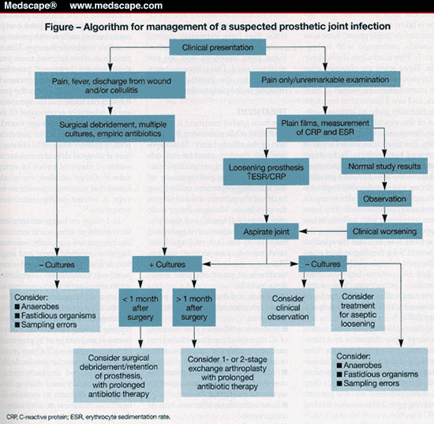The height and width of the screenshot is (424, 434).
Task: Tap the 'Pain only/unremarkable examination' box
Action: click(323, 80)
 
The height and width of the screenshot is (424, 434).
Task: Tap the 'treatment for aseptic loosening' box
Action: click(357, 307)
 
